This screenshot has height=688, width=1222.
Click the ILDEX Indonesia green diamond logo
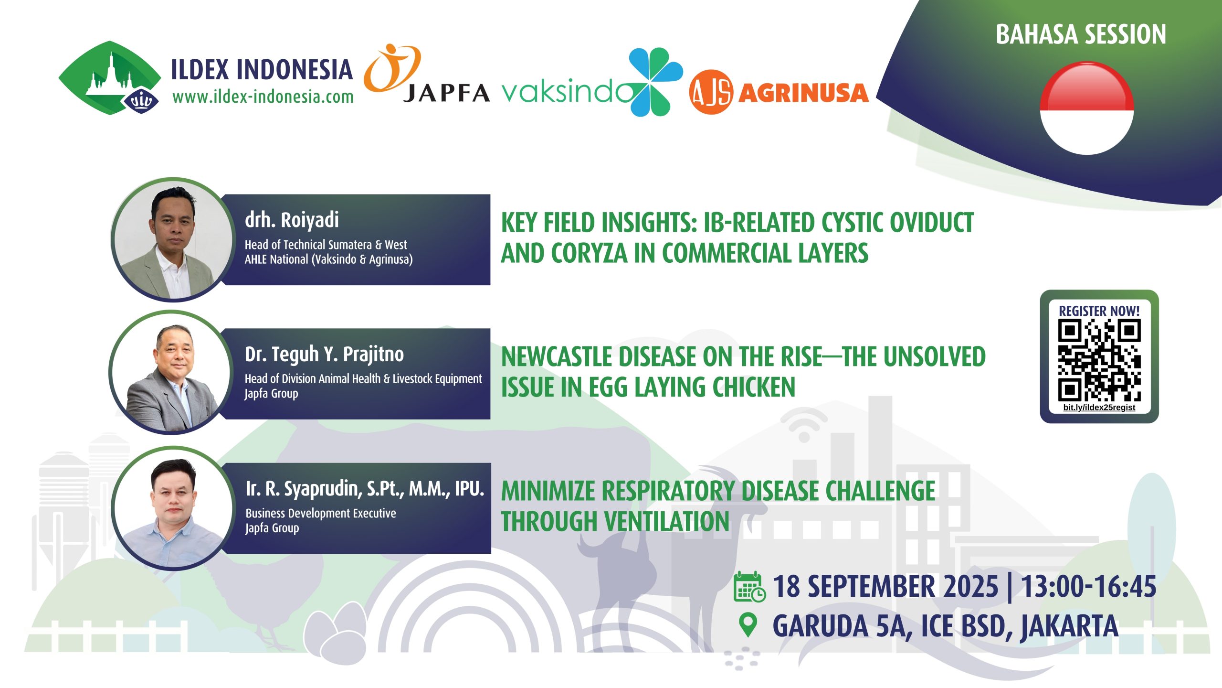110,78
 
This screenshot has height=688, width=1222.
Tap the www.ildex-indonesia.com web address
263,97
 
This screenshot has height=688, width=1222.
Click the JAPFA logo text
446,93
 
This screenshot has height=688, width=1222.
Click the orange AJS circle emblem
711,92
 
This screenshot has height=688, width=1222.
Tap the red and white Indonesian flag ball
1087,108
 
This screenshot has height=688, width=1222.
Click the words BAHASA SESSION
1081,34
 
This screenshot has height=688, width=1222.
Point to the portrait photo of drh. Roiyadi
173,240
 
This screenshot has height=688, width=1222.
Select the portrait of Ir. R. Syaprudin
173,508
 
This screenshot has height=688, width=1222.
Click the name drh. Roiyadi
292,220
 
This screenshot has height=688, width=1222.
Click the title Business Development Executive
321,513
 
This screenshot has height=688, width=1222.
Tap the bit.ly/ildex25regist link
1099,408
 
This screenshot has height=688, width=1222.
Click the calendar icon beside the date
749,586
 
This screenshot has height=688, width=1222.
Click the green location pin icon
748,625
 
